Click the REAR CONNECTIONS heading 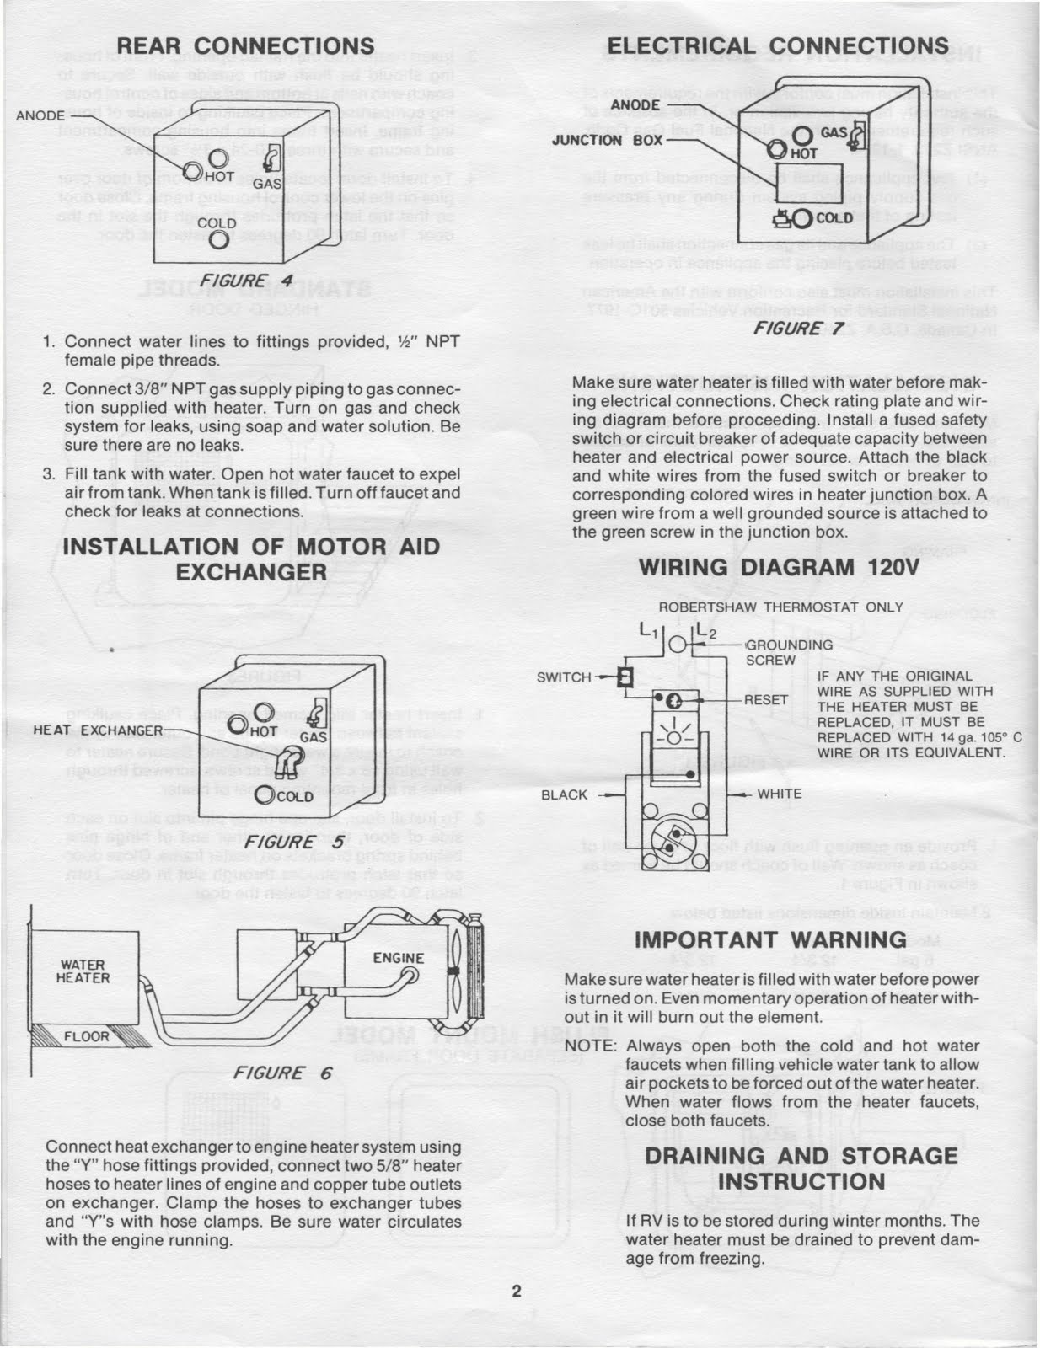pyautogui.click(x=245, y=45)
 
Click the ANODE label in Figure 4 pyautogui.click(x=40, y=115)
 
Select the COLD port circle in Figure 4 pyautogui.click(x=219, y=240)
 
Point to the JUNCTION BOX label pyautogui.click(x=607, y=140)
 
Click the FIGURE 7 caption pyautogui.click(x=798, y=329)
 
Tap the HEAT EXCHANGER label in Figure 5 pyautogui.click(x=98, y=730)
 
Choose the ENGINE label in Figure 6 pyautogui.click(x=398, y=958)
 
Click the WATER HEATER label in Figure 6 pyautogui.click(x=83, y=971)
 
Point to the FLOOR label pyautogui.click(x=87, y=1036)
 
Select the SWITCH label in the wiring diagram pyautogui.click(x=564, y=677)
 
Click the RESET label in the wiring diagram pyautogui.click(x=766, y=700)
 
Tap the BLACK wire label pyautogui.click(x=564, y=794)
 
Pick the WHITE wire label pyautogui.click(x=780, y=794)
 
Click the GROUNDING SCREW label pyautogui.click(x=788, y=652)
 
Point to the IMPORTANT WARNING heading pyautogui.click(x=770, y=939)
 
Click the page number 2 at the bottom pyautogui.click(x=517, y=1292)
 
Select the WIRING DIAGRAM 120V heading pyautogui.click(x=779, y=567)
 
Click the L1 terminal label pyautogui.click(x=646, y=630)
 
